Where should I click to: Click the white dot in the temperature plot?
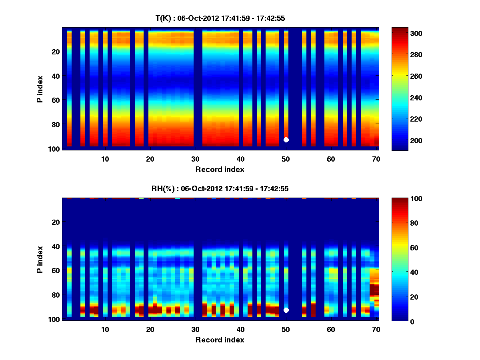pos(286,140)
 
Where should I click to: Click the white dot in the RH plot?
pos(286,310)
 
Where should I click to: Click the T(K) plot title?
pos(220,18)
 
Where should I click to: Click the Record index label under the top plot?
pos(220,169)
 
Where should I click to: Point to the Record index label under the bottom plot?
pos(220,340)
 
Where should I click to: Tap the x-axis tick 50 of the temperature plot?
pos(286,158)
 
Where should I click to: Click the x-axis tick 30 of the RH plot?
pos(195,329)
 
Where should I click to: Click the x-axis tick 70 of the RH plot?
pos(376,329)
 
